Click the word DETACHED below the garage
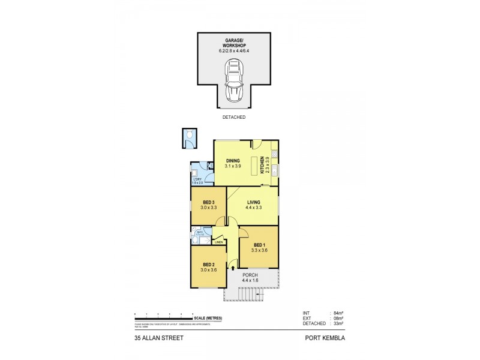pyautogui.click(x=234, y=118)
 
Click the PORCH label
pyautogui.click(x=251, y=275)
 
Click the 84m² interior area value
pyautogui.click(x=338, y=313)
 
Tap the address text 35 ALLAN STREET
pyautogui.click(x=159, y=338)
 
